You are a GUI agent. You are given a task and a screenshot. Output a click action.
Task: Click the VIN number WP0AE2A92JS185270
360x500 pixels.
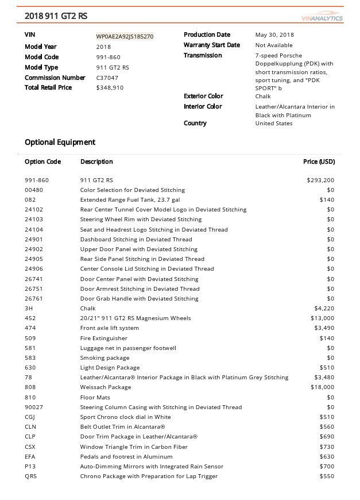pos(125,36)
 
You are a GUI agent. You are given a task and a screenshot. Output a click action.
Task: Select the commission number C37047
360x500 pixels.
pos(108,78)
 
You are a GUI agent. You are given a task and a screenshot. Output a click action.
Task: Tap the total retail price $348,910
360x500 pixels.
pos(110,88)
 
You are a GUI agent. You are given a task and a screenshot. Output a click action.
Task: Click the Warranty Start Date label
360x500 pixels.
pos(211,45)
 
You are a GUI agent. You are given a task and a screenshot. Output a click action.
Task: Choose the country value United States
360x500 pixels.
pos(273,124)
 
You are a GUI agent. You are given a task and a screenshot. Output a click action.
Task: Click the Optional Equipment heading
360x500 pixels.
pos(60,142)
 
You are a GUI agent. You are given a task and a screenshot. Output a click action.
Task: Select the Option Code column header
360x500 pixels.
pos(42,161)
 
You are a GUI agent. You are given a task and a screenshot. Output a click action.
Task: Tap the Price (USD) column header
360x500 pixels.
pos(319,161)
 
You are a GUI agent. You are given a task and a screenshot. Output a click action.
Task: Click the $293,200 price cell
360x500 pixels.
pos(321,180)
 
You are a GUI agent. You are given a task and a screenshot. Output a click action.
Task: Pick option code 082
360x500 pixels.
pos(30,199)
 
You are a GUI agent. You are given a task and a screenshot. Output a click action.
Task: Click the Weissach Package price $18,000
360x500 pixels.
pos(322,387)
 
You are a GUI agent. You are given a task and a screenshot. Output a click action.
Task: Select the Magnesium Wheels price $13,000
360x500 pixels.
pos(322,318)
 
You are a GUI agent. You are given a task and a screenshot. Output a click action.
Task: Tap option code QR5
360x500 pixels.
pos(30,476)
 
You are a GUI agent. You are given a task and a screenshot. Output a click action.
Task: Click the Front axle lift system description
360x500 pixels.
pos(110,328)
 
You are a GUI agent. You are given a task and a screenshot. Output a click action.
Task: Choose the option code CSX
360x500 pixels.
pos(30,447)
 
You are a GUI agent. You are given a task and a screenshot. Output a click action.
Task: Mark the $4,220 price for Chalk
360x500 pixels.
pos(324,309)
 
